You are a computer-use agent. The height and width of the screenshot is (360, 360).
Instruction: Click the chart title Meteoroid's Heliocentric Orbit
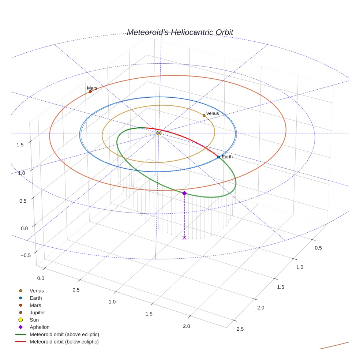[180, 33]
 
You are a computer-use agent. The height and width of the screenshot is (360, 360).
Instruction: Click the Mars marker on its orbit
[90, 91]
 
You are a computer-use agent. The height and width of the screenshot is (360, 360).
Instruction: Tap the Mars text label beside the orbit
[92, 88]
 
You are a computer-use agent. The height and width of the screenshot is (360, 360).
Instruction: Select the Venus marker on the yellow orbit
[204, 116]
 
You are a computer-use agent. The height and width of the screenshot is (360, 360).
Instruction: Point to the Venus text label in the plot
[213, 113]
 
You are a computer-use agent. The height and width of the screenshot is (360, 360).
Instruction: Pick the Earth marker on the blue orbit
[219, 157]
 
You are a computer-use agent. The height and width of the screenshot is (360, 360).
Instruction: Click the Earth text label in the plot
[227, 157]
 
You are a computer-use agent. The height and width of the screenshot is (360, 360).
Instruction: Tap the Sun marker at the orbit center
[159, 133]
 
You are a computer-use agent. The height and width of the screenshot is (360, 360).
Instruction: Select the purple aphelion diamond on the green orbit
[184, 193]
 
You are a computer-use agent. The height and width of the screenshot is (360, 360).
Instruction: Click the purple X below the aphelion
[184, 238]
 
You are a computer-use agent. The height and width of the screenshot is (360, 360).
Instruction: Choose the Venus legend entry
[37, 291]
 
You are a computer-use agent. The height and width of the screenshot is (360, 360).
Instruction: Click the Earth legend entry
[35, 298]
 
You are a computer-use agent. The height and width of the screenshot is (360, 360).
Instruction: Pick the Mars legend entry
[35, 305]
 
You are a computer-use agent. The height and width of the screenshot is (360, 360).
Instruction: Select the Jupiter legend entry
[37, 313]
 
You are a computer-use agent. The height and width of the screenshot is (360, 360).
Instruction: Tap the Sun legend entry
[34, 320]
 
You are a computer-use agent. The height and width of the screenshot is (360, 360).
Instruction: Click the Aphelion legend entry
[39, 327]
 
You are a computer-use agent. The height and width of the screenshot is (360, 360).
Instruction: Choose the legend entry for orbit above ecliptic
[64, 334]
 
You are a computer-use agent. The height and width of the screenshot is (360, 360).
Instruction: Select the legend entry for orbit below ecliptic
[64, 342]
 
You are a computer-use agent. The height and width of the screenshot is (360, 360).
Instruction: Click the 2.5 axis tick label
[240, 329]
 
